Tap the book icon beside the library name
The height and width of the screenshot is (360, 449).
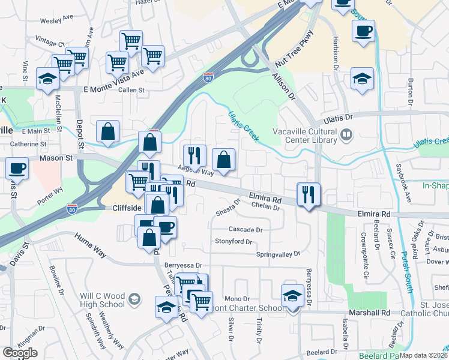pos(346,135)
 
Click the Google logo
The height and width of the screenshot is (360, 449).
pos(20,353)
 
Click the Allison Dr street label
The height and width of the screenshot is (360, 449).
pos(284,86)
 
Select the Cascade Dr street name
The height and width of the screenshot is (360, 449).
pos(246,230)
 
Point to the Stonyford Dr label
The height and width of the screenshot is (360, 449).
pos(234,242)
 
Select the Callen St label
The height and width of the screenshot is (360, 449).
pos(131,90)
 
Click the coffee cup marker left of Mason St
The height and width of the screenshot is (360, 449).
pos(17,169)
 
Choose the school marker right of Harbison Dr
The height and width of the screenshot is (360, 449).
pos(362,80)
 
